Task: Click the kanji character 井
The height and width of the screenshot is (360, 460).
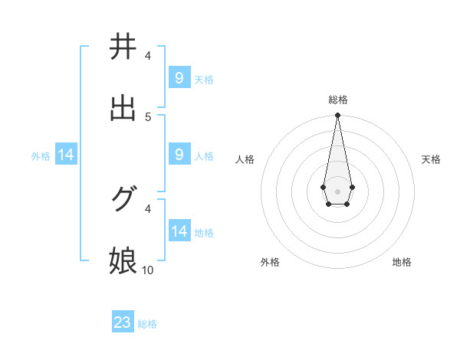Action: tap(123, 47)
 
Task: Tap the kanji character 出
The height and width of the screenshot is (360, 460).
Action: tap(123, 108)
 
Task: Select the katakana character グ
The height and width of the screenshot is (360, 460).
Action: tap(123, 200)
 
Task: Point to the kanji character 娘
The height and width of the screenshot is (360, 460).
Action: tap(123, 261)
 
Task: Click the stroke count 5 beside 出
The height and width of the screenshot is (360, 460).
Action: tap(148, 116)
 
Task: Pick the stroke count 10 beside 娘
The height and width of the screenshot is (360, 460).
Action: tap(148, 270)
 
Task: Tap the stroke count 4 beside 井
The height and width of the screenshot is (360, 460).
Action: tap(148, 55)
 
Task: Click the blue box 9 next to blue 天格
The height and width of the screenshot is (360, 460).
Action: tap(179, 77)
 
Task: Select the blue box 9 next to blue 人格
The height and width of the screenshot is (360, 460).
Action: tap(179, 155)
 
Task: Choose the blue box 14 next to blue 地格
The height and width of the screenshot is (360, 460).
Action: tap(179, 231)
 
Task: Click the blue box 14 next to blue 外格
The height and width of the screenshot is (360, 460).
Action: tap(66, 155)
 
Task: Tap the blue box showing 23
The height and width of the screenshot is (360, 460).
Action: tap(123, 322)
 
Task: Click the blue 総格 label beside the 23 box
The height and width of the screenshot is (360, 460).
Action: tap(147, 324)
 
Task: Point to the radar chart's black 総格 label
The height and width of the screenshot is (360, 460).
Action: tap(337, 100)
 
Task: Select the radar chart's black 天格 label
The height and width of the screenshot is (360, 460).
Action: tap(431, 159)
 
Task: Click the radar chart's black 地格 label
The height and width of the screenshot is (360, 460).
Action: tap(402, 262)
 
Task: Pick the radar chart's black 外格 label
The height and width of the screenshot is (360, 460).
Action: tap(270, 262)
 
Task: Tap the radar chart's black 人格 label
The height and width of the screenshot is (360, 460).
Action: tap(245, 159)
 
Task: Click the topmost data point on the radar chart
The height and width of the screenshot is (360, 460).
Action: tap(337, 115)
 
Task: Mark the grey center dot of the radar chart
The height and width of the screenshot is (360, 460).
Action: tap(337, 191)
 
